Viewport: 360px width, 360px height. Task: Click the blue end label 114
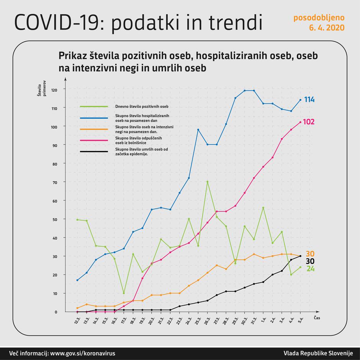tap(309, 100)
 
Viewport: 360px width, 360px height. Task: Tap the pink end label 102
tap(309, 122)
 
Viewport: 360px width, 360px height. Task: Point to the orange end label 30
tap(310, 254)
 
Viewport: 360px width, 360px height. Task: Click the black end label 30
tap(310, 261)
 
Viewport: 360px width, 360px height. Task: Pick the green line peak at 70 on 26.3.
tap(207, 182)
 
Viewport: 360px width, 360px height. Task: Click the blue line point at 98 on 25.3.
tap(198, 130)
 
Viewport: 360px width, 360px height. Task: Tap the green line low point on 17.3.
tap(124, 293)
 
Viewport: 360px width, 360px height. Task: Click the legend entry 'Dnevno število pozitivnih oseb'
tap(142, 106)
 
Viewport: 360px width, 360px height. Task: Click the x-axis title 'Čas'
tap(317, 318)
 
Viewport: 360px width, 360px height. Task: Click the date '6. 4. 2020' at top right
tap(327, 28)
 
